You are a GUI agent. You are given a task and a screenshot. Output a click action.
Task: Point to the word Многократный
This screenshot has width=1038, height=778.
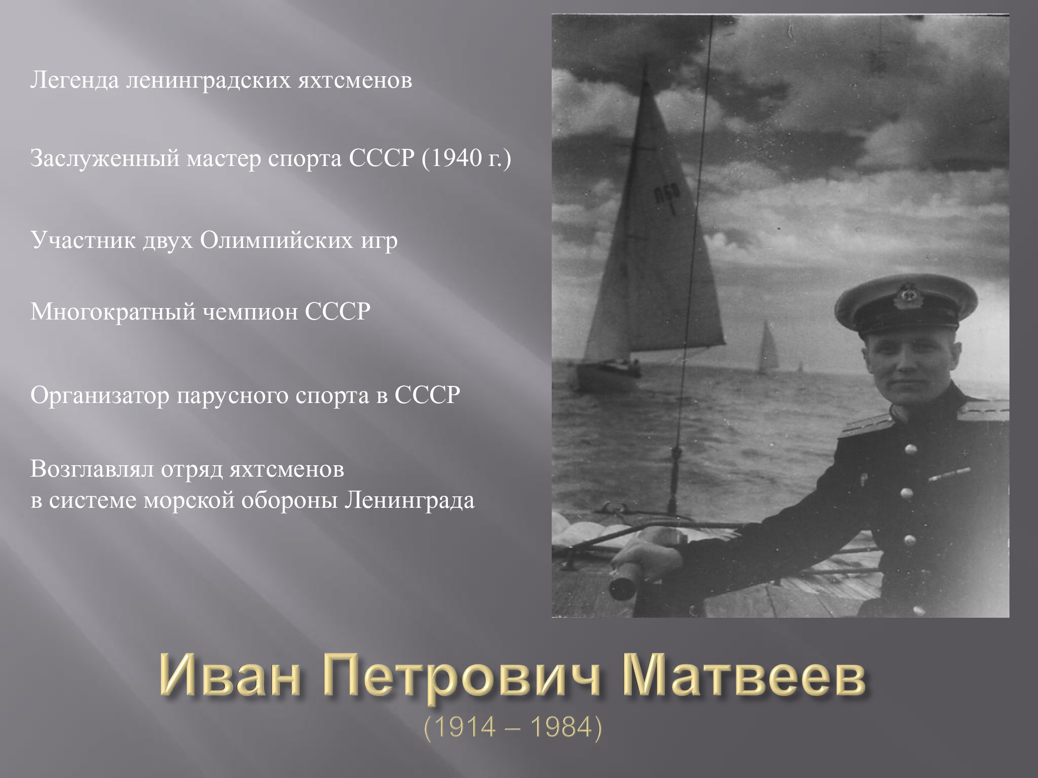click(x=113, y=312)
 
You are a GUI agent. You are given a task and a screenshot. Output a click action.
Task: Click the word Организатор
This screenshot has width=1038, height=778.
click(x=100, y=396)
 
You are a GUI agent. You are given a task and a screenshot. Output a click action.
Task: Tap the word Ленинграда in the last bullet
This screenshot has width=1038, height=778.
click(x=409, y=501)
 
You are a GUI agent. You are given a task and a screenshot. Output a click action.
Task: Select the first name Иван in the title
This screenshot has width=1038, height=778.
click(x=230, y=679)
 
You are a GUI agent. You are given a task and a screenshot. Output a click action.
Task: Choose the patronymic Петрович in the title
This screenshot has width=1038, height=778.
click(x=461, y=679)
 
